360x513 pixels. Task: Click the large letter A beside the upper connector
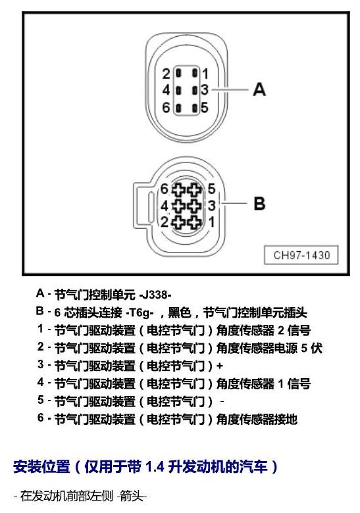click(259, 89)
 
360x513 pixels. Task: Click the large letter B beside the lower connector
click(259, 203)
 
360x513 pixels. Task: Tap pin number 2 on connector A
click(167, 74)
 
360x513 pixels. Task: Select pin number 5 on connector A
click(205, 107)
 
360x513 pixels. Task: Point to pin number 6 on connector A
click(167, 107)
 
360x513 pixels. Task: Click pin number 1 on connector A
click(205, 74)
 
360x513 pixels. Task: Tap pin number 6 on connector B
click(164, 189)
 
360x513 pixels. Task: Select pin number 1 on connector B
click(212, 222)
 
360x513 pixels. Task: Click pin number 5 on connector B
click(211, 189)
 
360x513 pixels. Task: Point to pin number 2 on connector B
click(165, 222)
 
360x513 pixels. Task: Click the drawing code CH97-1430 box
click(301, 255)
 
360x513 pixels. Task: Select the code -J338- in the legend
click(155, 295)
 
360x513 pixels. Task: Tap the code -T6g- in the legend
click(140, 313)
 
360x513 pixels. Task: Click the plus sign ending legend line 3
click(220, 366)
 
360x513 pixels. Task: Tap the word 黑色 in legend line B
click(180, 312)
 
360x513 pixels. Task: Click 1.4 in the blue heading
click(155, 466)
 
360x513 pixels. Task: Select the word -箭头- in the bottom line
click(132, 497)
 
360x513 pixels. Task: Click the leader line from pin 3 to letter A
click(230, 89)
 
